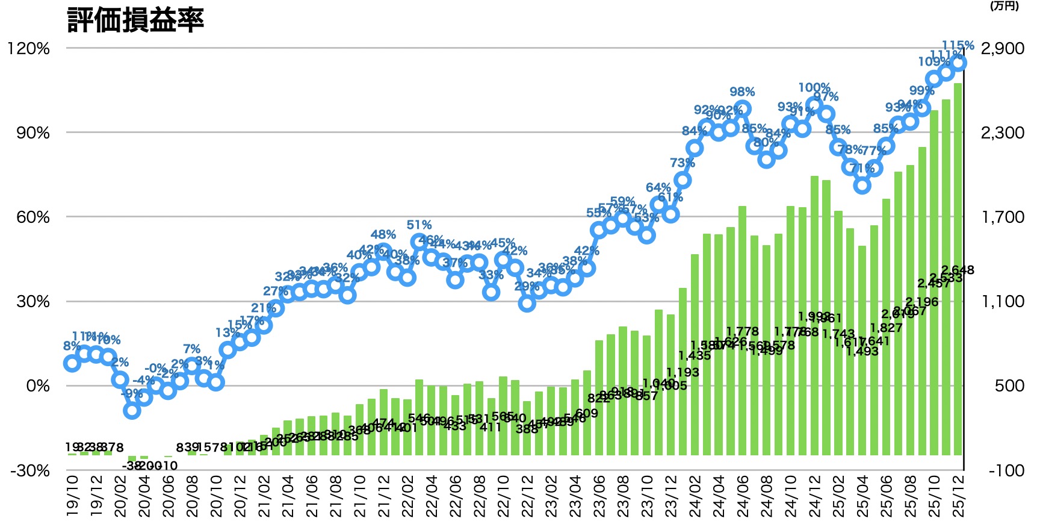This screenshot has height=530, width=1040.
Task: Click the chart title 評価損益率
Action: [136, 19]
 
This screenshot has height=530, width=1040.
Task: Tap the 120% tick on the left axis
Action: [28, 48]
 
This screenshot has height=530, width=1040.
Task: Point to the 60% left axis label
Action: [32, 217]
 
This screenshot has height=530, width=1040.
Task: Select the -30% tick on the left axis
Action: [29, 470]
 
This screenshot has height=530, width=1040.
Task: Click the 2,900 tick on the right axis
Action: [1002, 48]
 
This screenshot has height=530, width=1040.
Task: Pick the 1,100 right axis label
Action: [1002, 301]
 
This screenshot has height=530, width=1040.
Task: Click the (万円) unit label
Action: [1004, 6]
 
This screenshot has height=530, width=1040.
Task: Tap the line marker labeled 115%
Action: [958, 62]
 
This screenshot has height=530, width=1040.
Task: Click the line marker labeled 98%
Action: [743, 109]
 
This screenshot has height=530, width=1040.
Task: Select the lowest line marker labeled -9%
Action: [132, 410]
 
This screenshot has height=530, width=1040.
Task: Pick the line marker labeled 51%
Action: [419, 242]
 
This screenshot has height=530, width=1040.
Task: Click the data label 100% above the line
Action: [814, 88]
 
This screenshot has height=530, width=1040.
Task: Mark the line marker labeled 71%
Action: [862, 185]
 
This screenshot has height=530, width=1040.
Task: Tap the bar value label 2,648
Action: [958, 270]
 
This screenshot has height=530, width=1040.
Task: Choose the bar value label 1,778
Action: [743, 331]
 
